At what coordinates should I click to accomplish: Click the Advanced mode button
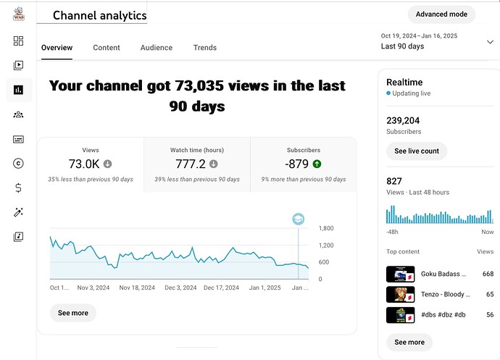441,14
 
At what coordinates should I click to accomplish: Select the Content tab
107,48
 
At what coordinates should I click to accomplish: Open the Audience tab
156,48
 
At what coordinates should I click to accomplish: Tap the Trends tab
204,48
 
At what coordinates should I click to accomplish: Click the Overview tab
57,48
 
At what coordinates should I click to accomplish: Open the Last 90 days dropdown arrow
490,42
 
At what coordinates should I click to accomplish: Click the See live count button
416,151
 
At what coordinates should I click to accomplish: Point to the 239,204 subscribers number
404,121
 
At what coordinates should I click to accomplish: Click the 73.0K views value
84,164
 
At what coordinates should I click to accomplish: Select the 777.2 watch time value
191,164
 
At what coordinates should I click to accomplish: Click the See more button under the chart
72,313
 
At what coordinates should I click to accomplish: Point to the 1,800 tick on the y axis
326,228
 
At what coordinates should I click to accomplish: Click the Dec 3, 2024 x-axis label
180,288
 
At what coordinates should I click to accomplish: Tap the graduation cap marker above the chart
298,219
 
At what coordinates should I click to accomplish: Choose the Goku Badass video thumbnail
400,275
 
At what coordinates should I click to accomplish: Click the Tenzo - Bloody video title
445,295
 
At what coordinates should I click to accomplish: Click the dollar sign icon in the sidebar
18,188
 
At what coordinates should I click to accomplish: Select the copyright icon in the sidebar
18,164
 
